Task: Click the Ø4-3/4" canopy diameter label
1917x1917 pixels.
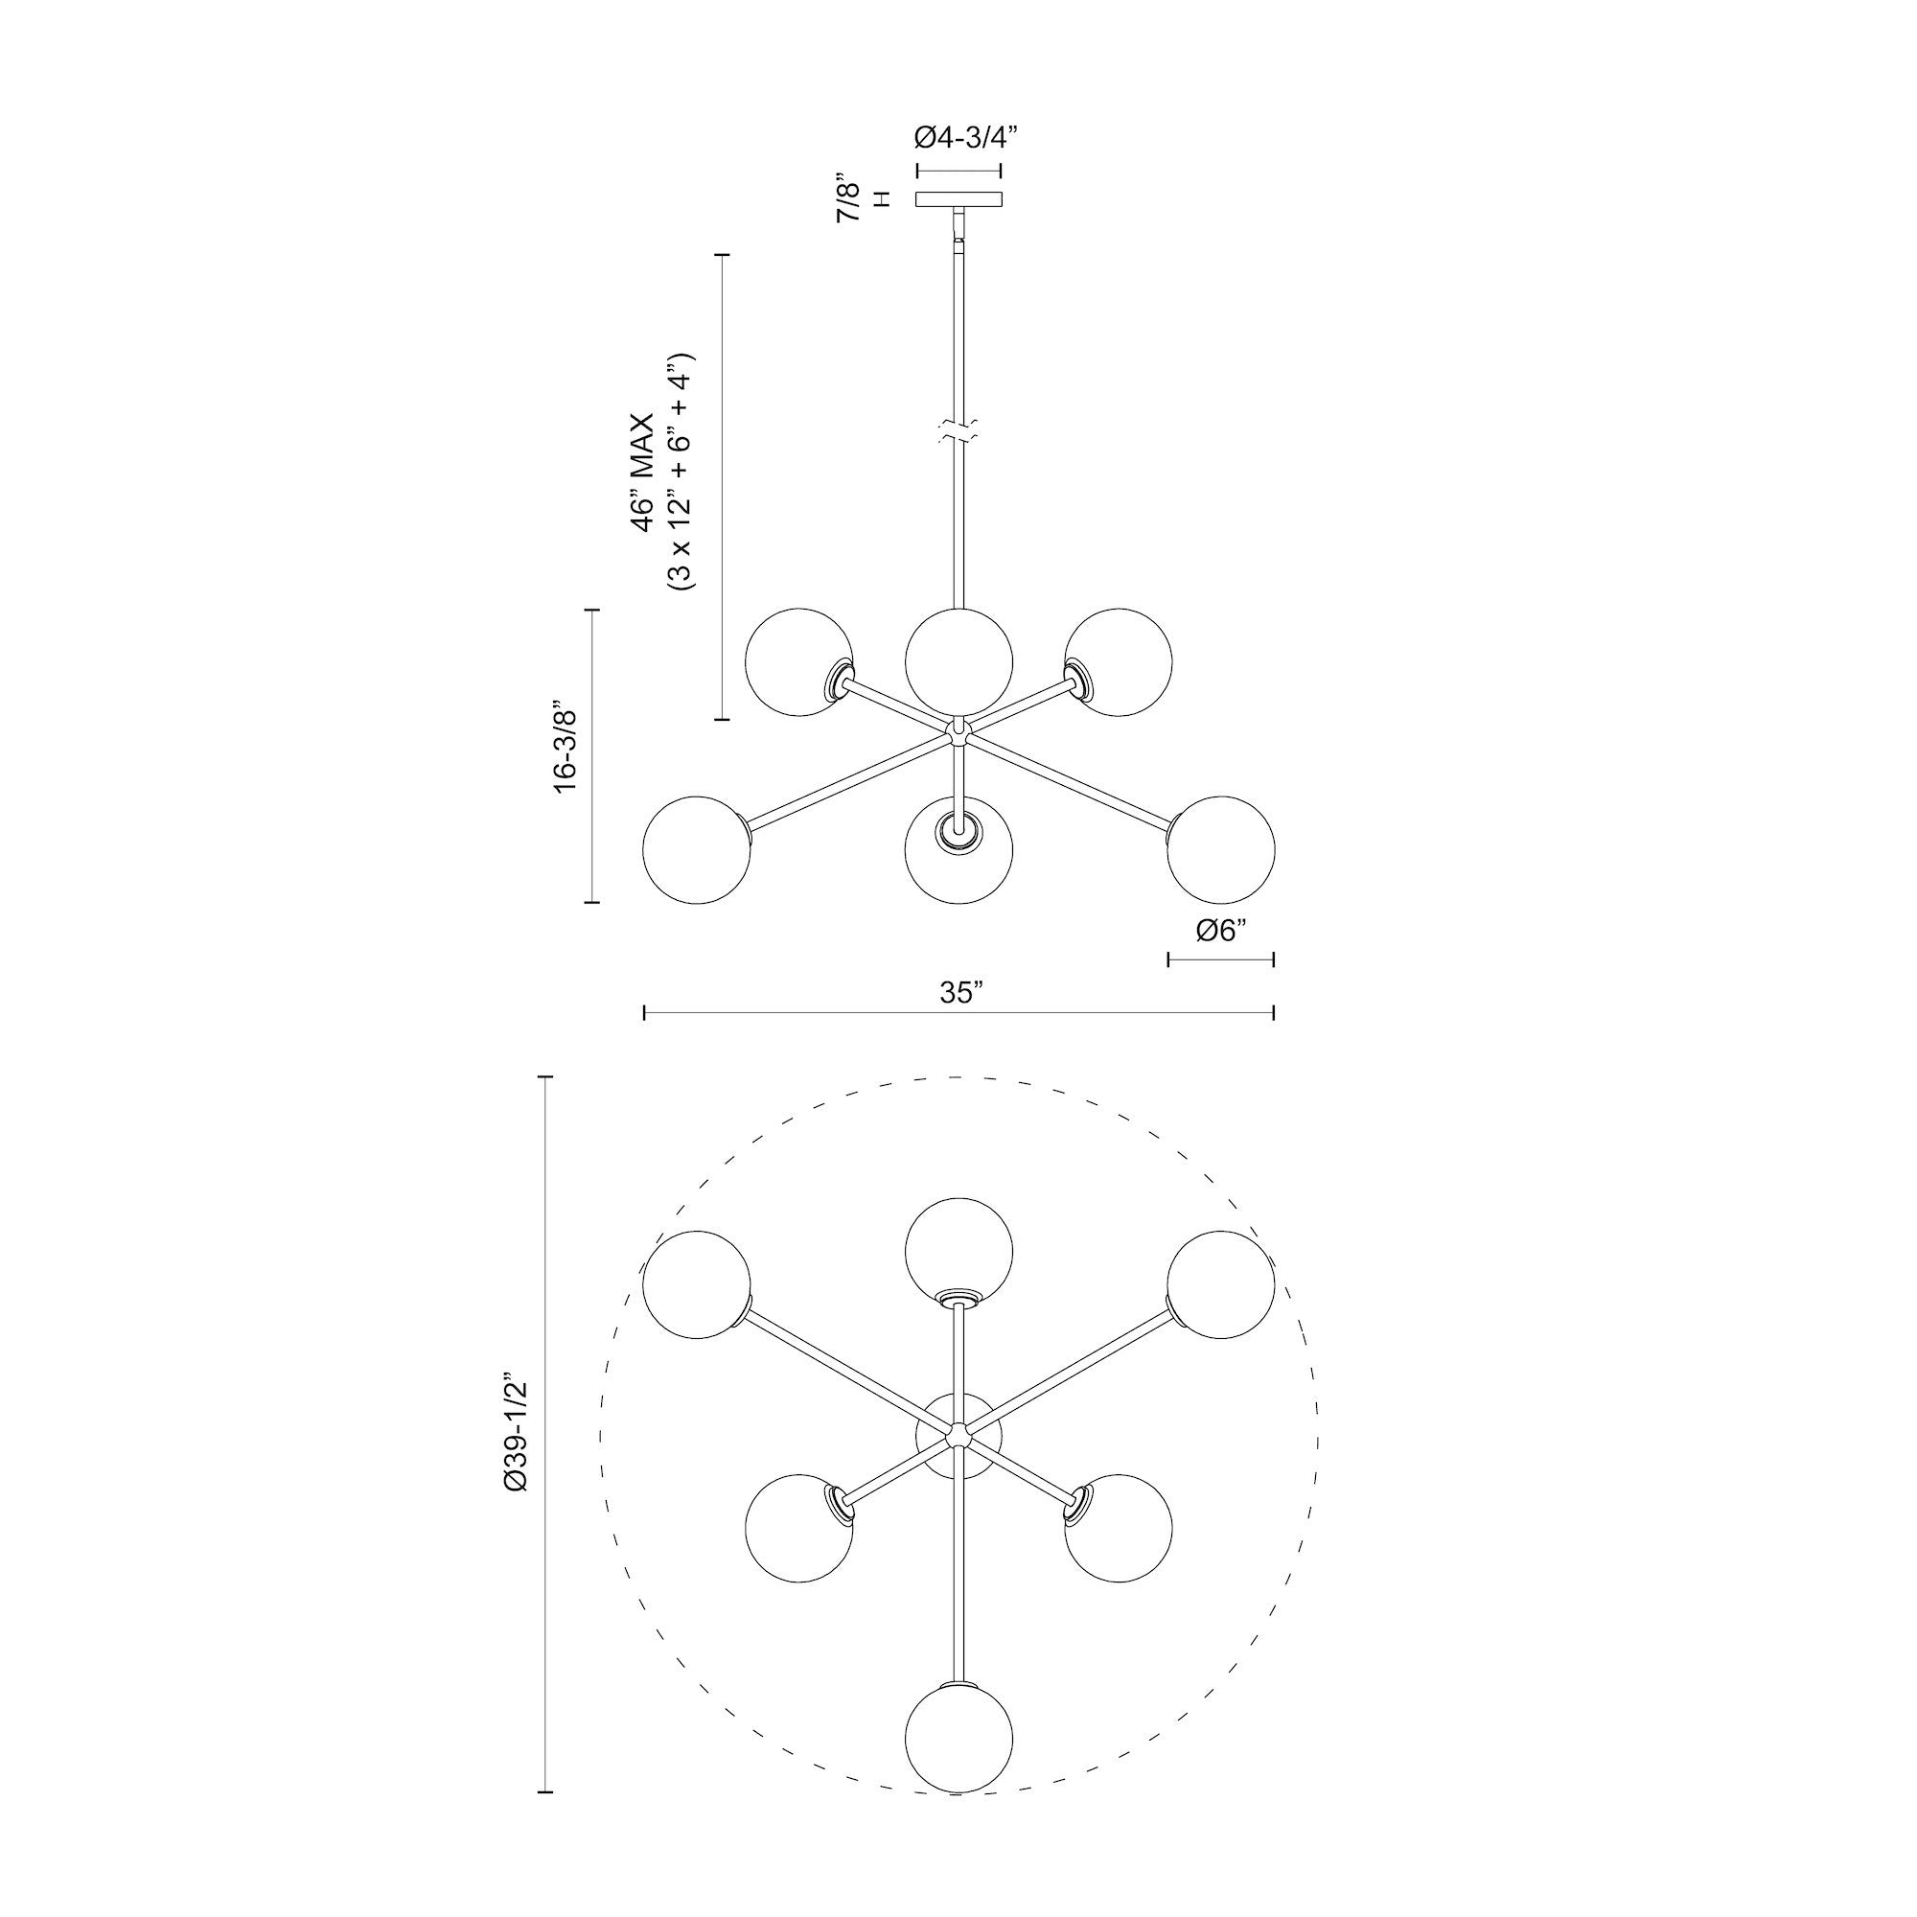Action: [959, 137]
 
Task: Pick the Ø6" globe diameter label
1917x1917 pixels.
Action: [1220, 931]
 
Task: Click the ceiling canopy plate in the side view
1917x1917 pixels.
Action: [958, 199]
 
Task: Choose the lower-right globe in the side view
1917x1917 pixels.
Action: [1220, 849]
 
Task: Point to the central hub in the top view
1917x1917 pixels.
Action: [958, 1436]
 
